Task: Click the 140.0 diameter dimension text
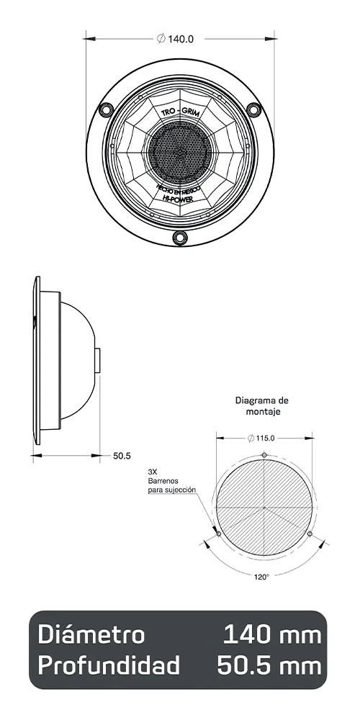point(176,39)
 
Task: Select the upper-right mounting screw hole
point(252,108)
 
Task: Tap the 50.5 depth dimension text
point(122,456)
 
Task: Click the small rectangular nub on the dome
point(97,360)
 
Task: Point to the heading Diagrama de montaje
point(262,406)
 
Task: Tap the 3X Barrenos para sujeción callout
point(171,480)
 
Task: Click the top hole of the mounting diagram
point(265,454)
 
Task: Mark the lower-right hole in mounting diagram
point(310,534)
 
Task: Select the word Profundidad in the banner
point(108,666)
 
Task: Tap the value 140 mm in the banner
point(271,635)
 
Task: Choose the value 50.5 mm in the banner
point(269,666)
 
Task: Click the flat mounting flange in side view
point(37,360)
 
